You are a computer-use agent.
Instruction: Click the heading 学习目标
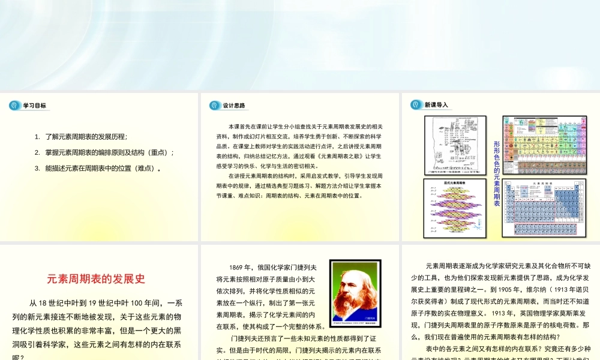pyautogui.click(x=34, y=106)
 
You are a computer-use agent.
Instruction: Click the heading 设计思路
pyautogui.click(x=234, y=106)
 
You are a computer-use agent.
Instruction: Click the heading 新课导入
pyautogui.click(x=436, y=105)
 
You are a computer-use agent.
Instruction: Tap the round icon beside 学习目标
pyautogui.click(x=14, y=106)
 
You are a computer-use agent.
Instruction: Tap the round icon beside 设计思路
pyautogui.click(x=215, y=106)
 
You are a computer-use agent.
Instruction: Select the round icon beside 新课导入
pyautogui.click(x=416, y=105)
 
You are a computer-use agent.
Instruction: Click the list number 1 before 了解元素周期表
pyautogui.click(x=37, y=137)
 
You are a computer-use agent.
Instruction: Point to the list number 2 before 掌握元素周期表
pyautogui.click(x=37, y=152)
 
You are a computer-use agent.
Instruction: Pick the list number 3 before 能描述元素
pyautogui.click(x=37, y=168)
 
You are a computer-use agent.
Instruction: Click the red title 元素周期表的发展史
pyautogui.click(x=96, y=279)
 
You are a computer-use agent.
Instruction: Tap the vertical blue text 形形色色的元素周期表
pyautogui.click(x=496, y=173)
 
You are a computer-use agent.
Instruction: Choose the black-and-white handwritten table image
pyautogui.click(x=455, y=145)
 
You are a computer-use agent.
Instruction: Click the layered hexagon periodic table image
pyautogui.click(x=455, y=207)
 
